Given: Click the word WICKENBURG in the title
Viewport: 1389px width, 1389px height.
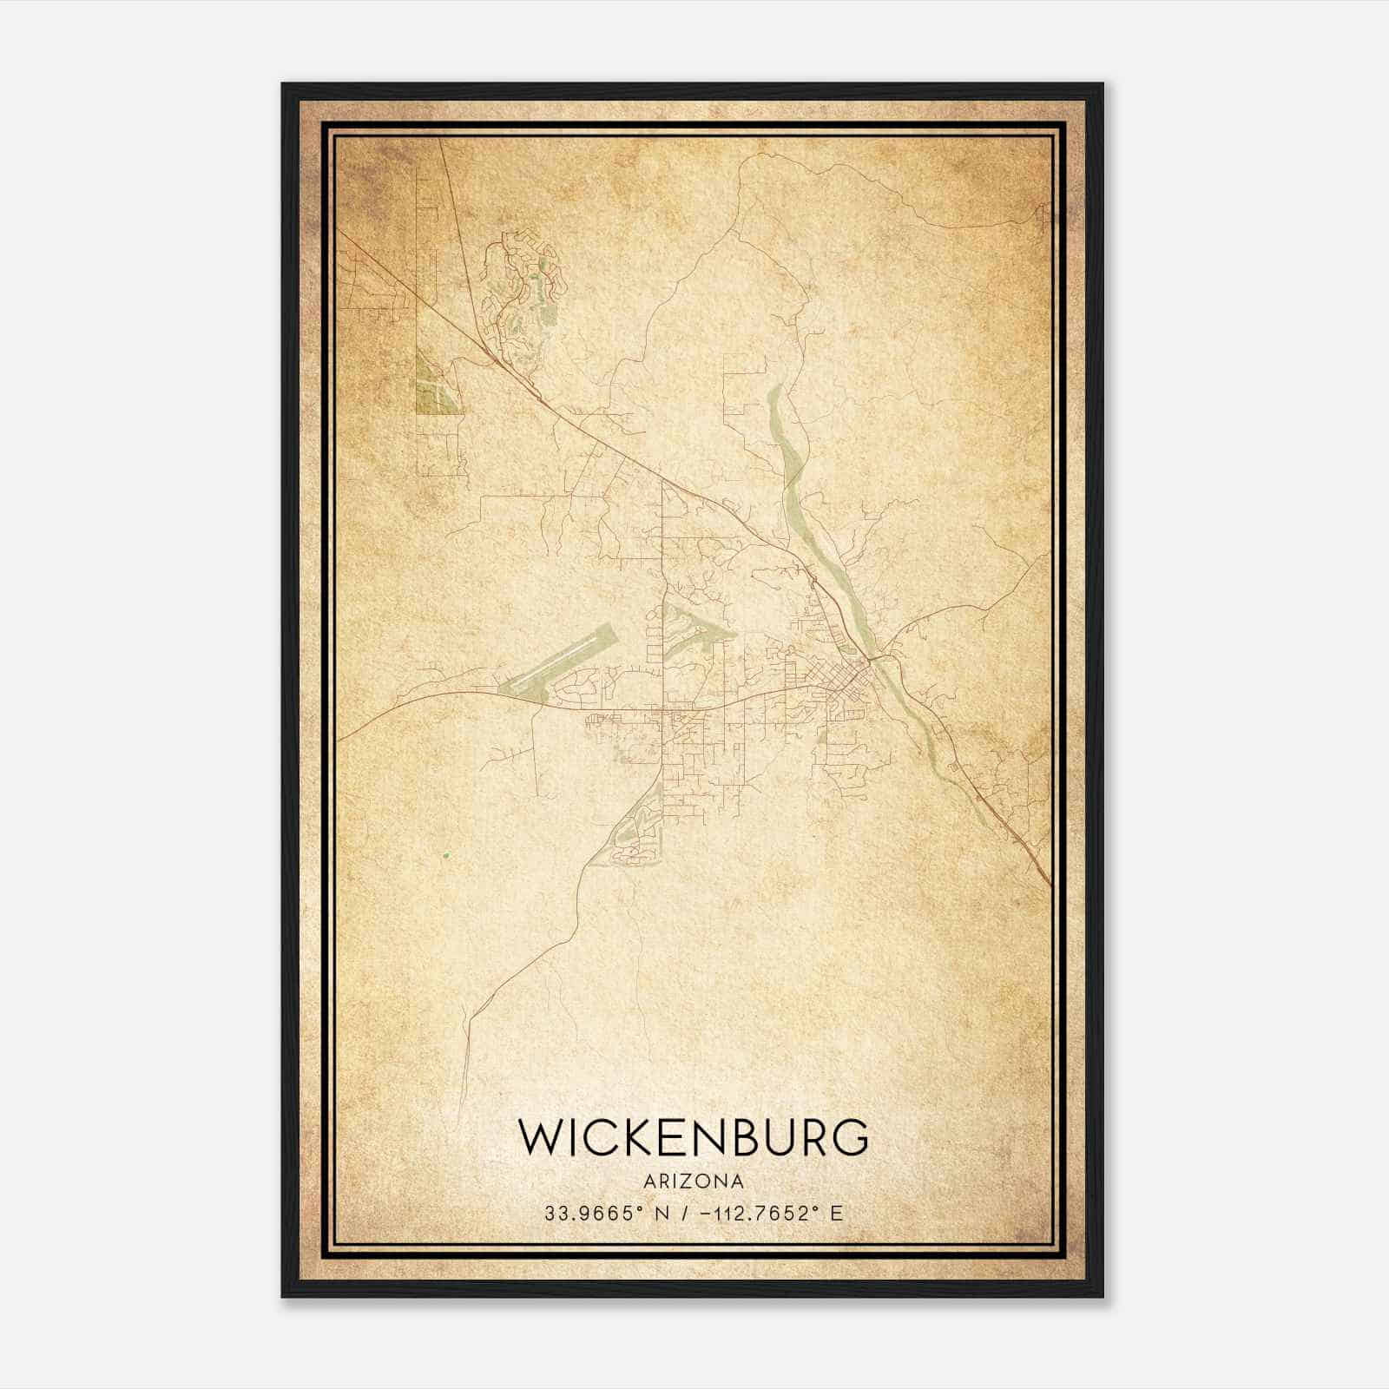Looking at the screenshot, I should click(x=693, y=1137).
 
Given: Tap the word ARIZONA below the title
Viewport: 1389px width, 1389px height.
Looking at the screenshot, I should click(x=693, y=1181).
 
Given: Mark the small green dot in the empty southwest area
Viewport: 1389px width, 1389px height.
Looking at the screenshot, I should click(x=445, y=856).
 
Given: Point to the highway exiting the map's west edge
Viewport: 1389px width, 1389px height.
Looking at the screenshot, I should click(x=343, y=738).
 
